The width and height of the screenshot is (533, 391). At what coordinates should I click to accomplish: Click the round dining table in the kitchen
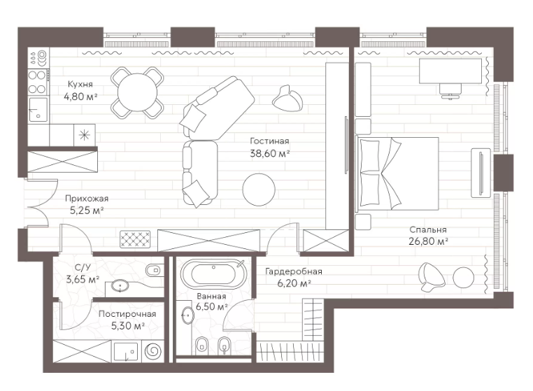pyautogui.click(x=137, y=92)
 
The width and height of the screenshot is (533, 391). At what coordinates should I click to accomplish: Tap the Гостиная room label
pyautogui.click(x=269, y=141)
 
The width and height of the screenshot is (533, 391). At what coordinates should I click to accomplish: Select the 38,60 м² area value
pyautogui.click(x=269, y=153)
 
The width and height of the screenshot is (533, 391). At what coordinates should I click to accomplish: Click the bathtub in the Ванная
pyautogui.click(x=213, y=275)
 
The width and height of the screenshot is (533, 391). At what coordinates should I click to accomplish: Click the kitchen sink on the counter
pyautogui.click(x=38, y=110)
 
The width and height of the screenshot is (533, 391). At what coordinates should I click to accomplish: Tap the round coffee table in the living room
pyautogui.click(x=259, y=190)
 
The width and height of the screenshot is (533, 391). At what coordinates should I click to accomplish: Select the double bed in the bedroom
pyautogui.click(x=397, y=173)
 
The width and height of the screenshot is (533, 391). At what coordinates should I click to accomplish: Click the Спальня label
pyautogui.click(x=427, y=230)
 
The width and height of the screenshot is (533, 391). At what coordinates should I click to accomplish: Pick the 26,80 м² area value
pyautogui.click(x=428, y=241)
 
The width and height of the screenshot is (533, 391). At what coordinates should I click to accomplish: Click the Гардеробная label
pyautogui.click(x=294, y=271)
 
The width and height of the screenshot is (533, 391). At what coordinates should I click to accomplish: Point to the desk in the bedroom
pyautogui.click(x=450, y=71)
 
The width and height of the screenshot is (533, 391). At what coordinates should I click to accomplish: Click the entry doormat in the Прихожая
pyautogui.click(x=135, y=239)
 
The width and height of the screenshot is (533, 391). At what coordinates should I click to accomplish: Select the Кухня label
pyautogui.click(x=80, y=84)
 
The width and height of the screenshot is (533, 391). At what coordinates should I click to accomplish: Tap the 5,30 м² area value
pyautogui.click(x=128, y=326)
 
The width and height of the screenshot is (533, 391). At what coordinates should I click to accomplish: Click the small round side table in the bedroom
pyautogui.click(x=464, y=277)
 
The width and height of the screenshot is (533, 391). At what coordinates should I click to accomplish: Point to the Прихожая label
pyautogui.click(x=86, y=199)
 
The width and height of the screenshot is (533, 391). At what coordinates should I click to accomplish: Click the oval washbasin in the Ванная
pyautogui.click(x=187, y=315)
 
